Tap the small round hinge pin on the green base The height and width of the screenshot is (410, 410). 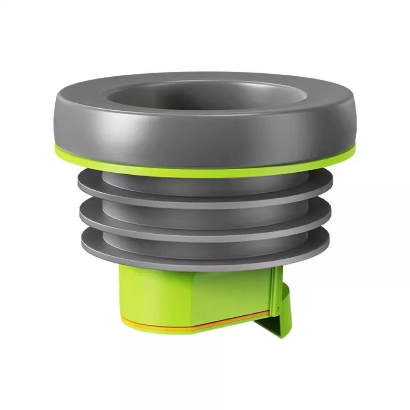click(x=278, y=308)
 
